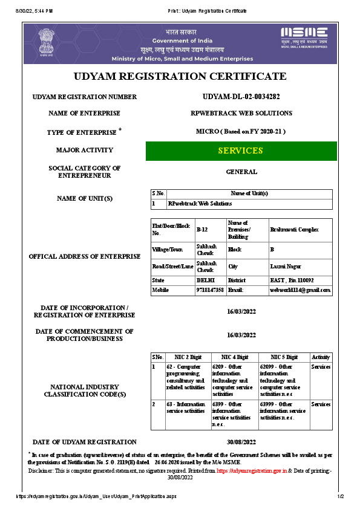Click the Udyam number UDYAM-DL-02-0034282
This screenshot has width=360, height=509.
pos(241,97)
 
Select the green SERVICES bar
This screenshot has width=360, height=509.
pos(241,151)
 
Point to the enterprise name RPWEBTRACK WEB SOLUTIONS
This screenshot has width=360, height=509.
pos(241,113)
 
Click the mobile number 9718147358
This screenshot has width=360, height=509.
pos(210,290)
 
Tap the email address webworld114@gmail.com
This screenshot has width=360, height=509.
pos(300,290)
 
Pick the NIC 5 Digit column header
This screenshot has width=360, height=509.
pos(284,358)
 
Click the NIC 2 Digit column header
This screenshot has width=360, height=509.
pos(188,358)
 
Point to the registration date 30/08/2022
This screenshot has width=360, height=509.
pos(241,442)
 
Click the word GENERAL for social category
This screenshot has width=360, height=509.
pos(241,172)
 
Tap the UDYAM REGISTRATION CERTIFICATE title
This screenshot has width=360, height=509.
pos(180,77)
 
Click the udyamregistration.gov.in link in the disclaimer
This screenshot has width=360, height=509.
pos(252,470)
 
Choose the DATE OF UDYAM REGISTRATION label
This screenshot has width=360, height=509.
pos(84,442)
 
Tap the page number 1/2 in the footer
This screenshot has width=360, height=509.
pos(340,496)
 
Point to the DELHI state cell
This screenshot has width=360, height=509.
pos(205,280)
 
